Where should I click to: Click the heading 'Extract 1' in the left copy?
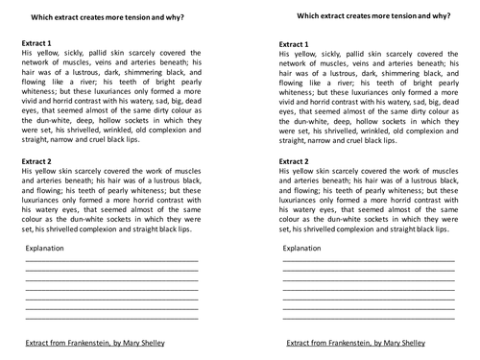coord(42,44)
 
